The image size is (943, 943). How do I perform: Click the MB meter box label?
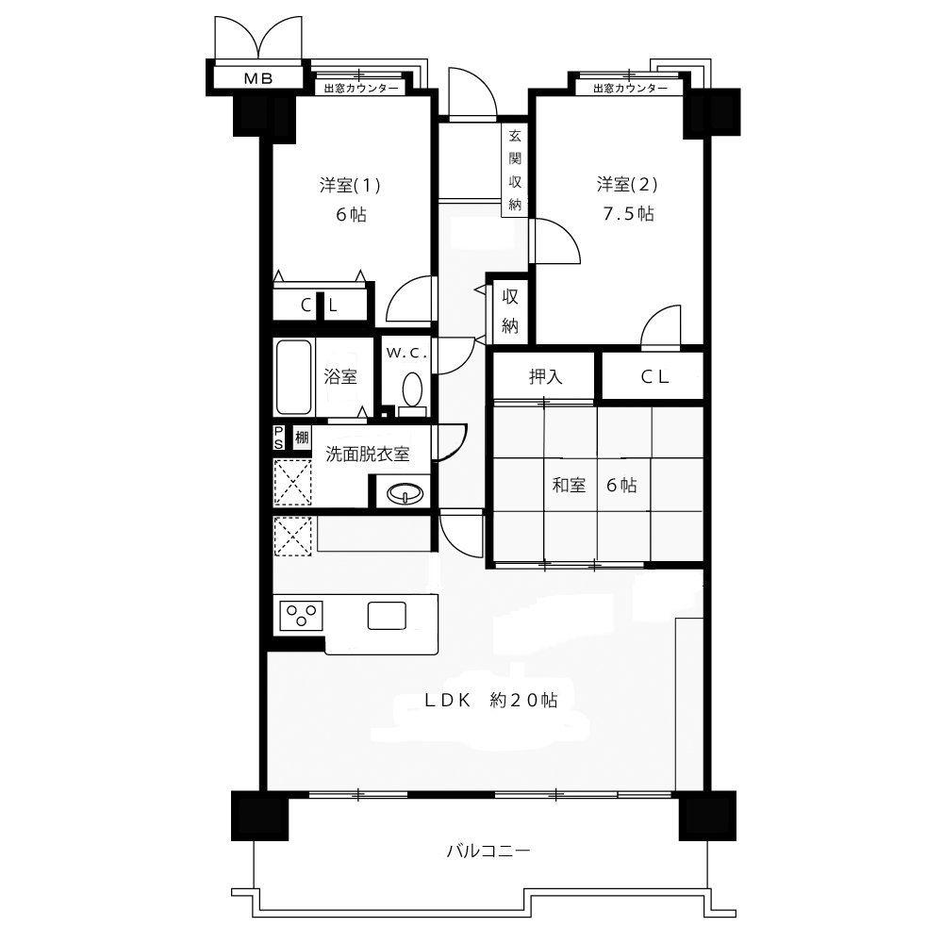[258, 78]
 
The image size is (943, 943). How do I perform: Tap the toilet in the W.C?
[412, 392]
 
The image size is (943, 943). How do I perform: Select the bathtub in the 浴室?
[293, 377]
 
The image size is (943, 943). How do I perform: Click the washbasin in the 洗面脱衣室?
[405, 494]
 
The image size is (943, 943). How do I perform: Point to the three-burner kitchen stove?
[301, 616]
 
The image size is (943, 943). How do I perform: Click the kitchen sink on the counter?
[387, 616]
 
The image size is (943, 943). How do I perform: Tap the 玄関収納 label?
[515, 170]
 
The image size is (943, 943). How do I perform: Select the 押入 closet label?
[545, 377]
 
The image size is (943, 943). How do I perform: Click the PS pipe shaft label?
[278, 438]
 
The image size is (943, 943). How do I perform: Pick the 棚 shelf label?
[302, 437]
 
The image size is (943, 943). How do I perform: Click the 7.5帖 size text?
[628, 213]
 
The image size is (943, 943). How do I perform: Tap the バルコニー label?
[488, 851]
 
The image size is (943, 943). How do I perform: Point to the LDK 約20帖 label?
[490, 700]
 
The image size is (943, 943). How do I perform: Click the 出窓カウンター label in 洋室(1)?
[361, 89]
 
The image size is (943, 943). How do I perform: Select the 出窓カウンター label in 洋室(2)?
[630, 89]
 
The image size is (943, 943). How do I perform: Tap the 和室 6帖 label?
[594, 485]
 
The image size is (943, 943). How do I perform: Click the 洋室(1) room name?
[350, 185]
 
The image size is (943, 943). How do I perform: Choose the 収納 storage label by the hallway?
[510, 311]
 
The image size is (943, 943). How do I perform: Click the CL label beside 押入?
[654, 377]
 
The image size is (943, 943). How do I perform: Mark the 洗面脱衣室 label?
[368, 455]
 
